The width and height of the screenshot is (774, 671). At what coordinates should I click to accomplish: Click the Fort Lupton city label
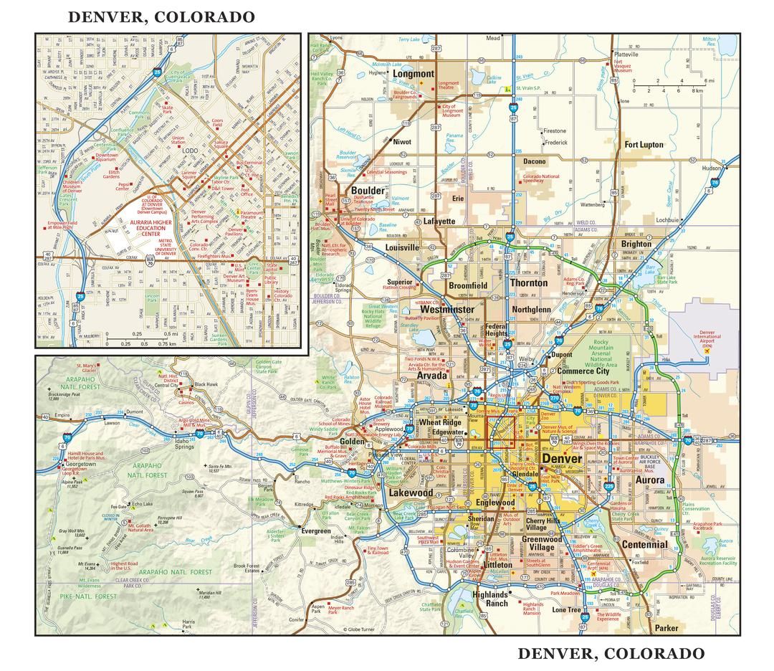[x=644, y=145]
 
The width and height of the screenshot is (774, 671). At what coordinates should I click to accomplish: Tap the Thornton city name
[x=528, y=282]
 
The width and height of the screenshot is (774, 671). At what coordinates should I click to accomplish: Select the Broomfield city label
[x=468, y=285]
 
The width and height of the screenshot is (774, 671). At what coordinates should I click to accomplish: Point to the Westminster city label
[x=446, y=310]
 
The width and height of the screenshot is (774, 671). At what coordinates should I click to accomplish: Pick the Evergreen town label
[x=315, y=531]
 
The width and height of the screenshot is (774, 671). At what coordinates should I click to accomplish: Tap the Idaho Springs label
[x=184, y=443]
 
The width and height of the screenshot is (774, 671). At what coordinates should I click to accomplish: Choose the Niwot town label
[x=402, y=142]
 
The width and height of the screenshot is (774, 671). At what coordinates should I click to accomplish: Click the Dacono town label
[x=534, y=161]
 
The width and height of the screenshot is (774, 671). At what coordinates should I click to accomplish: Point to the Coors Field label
[x=218, y=125]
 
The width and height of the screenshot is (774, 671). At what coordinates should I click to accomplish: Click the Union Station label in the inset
[x=178, y=140]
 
